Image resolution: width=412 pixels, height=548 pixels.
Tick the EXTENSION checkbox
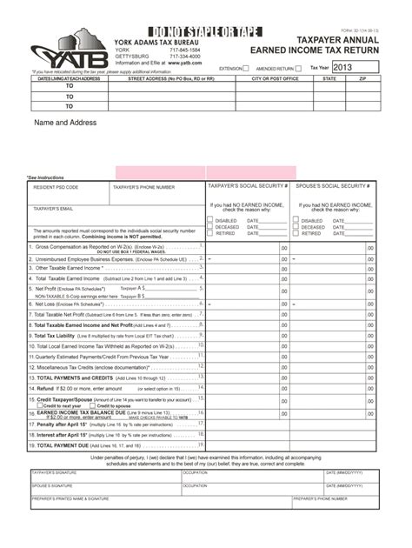click(x=246, y=67)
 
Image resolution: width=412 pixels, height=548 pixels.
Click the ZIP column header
click(x=362, y=78)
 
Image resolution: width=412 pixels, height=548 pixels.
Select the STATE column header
click(x=329, y=78)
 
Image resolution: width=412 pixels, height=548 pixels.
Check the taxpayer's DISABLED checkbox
click(x=209, y=221)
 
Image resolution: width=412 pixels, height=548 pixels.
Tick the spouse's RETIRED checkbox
click(x=296, y=233)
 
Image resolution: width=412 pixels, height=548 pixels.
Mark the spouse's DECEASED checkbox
click(x=296, y=227)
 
